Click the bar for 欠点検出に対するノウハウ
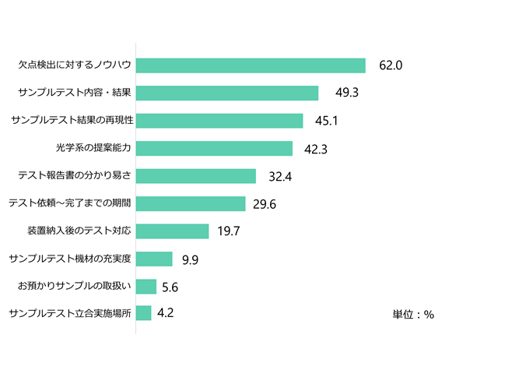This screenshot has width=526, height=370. pyautogui.click(x=251, y=65)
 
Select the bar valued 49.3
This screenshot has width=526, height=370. pyautogui.click(x=227, y=93)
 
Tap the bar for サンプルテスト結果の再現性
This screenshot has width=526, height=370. pyautogui.click(x=219, y=121)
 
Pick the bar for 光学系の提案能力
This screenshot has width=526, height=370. pyautogui.click(x=214, y=149)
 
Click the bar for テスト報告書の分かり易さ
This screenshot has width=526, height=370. pyautogui.click(x=196, y=176)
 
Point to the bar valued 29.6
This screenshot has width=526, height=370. pyautogui.click(x=191, y=204)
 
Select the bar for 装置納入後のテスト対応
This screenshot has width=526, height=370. pyautogui.click(x=172, y=231)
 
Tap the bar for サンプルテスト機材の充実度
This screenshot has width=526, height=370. pyautogui.click(x=154, y=259)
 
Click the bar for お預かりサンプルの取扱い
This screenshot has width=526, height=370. pyautogui.click(x=146, y=286)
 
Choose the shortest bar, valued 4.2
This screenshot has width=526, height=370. pyautogui.click(x=144, y=313)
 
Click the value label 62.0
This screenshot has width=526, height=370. pyautogui.click(x=391, y=66)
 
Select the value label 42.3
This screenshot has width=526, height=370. pyautogui.click(x=315, y=150)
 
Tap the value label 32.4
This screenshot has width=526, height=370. pyautogui.click(x=279, y=177)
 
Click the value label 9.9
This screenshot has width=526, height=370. pyautogui.click(x=190, y=259)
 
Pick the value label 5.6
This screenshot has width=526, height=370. pyautogui.click(x=170, y=287)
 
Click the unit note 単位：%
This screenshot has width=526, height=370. pyautogui.click(x=413, y=315)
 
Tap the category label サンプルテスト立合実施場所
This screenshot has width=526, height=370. pyautogui.click(x=68, y=313)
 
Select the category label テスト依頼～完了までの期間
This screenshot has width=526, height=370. pyautogui.click(x=68, y=204)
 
